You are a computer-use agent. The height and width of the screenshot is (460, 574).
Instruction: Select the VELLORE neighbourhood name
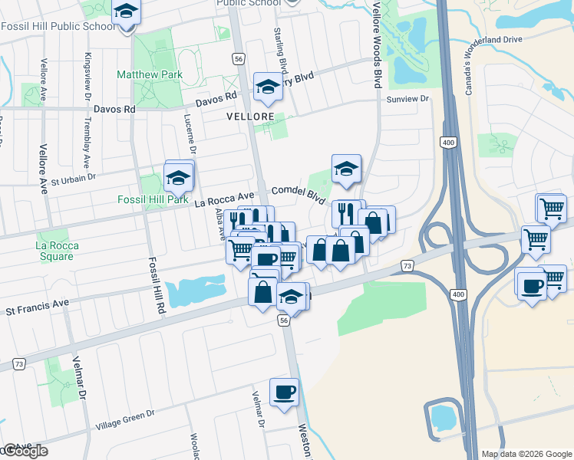tap(250, 117)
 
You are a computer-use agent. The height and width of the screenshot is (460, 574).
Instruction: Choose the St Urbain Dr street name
tap(73, 180)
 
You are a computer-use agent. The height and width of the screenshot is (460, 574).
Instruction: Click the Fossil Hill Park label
tap(152, 199)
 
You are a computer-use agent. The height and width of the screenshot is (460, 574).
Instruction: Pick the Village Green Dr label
tap(125, 419)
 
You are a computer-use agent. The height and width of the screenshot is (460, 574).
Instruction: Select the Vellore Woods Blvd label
tap(376, 44)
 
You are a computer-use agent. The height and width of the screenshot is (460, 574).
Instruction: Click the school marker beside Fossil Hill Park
tap(179, 176)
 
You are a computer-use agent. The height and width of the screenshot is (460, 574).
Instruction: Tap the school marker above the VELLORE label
tap(268, 87)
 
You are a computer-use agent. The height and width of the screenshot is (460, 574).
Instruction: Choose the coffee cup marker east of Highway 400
tap(532, 287)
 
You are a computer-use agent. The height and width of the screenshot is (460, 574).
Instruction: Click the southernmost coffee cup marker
tap(284, 392)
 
